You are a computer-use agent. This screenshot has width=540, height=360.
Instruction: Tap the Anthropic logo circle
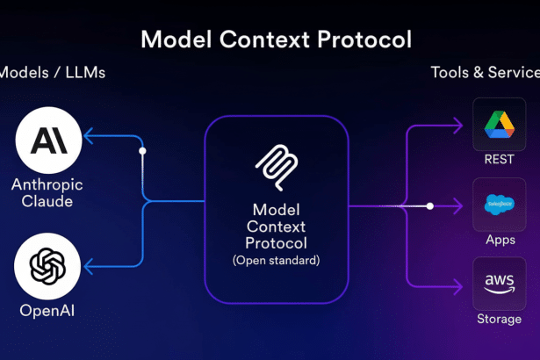click(48, 140)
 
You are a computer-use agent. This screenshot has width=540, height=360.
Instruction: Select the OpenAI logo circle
click(48, 265)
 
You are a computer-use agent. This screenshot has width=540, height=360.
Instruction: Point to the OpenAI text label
click(46, 310)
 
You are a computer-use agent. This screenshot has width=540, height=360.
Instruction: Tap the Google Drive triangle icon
click(499, 125)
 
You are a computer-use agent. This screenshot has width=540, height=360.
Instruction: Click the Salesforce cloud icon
click(499, 205)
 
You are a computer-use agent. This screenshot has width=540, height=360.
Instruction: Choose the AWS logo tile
click(499, 284)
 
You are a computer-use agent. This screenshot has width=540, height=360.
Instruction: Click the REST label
click(499, 160)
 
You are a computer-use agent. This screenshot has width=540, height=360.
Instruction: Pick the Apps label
click(499, 239)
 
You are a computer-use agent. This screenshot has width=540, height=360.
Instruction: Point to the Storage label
click(499, 319)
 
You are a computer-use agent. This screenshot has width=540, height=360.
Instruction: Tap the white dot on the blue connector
click(142, 151)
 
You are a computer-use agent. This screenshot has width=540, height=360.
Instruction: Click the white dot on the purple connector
click(429, 206)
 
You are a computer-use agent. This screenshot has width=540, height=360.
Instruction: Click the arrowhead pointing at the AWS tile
click(458, 285)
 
